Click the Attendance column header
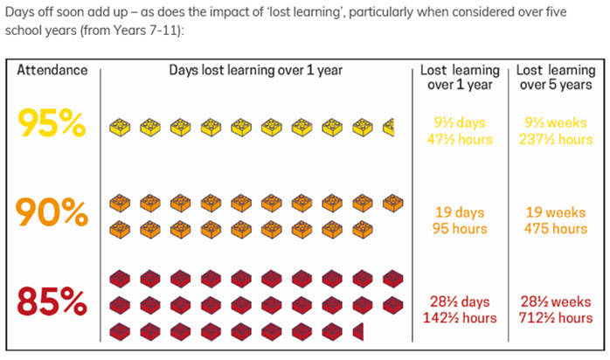pos(52,70)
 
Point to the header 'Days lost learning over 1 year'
pos(256,70)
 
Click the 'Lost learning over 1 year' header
pos(460,77)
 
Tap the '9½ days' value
pos(460,122)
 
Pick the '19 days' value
pos(460,211)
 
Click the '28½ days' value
pos(460,301)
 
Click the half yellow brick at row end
pos(389,128)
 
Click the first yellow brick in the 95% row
pos(119,128)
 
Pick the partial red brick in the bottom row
pos(358,331)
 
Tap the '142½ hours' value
pos(460,318)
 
